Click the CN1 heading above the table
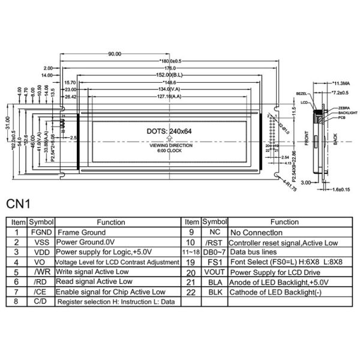coord(19,203)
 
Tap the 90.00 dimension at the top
coord(114,54)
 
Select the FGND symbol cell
coord(41,232)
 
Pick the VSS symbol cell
coord(41,242)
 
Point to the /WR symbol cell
coord(41,272)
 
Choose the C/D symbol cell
coord(41,302)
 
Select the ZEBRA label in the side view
coord(344,107)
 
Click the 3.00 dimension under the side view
coord(305,182)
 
